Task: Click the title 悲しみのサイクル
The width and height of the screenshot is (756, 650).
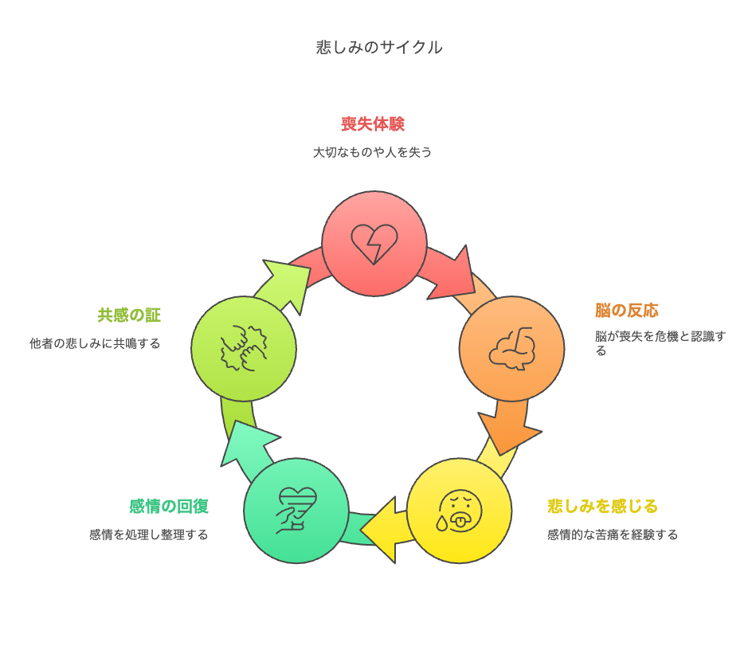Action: [x=379, y=47]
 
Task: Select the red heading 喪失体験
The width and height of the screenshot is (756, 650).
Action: [x=373, y=124]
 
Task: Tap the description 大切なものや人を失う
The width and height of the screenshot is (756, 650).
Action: [x=372, y=152]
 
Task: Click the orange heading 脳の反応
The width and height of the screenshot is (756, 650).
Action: [x=626, y=311]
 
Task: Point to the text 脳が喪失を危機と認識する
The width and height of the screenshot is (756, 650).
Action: [x=660, y=343]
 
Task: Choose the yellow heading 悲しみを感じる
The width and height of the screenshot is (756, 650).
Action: [x=603, y=507]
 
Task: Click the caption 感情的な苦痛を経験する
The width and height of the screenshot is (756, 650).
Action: [x=613, y=534]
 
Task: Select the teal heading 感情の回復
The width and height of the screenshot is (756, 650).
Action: [x=169, y=507]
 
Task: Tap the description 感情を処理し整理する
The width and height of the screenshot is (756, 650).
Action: [x=148, y=534]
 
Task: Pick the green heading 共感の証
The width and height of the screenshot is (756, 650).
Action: [x=129, y=315]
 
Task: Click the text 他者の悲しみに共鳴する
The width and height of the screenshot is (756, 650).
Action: [x=95, y=344]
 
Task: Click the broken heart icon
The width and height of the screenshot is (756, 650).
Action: [x=374, y=244]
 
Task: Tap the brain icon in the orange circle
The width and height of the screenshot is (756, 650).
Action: [x=512, y=349]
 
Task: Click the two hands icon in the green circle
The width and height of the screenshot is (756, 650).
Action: [x=244, y=348]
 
